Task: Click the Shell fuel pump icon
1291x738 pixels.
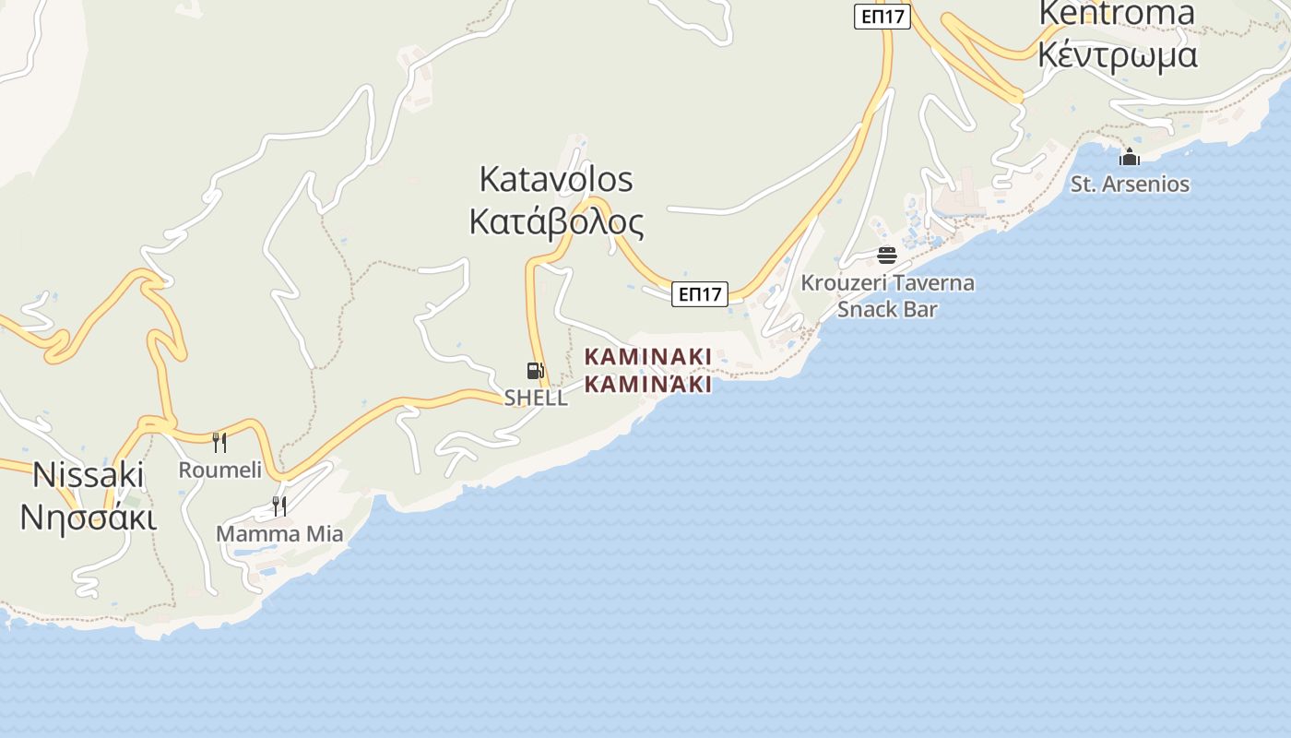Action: coord(535,372)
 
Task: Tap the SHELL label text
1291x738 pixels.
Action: coord(536,399)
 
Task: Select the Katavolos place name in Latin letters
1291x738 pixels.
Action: coord(556,179)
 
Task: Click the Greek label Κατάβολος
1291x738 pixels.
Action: coord(556,222)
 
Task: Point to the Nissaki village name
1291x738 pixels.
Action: coord(89,474)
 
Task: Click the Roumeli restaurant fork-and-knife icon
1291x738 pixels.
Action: coord(219,443)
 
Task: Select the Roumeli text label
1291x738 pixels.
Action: coord(220,470)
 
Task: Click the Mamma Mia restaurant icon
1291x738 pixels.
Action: coord(278,506)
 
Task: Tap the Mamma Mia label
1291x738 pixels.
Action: coord(279,533)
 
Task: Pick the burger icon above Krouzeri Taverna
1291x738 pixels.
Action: coord(887,255)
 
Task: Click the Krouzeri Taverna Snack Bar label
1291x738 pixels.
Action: coord(887,295)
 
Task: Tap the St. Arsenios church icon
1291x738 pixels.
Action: coord(1130,157)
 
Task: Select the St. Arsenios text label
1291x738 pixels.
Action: coord(1130,184)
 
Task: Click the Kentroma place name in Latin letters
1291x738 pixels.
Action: coord(1117,14)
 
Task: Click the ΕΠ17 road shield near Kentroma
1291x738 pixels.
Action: coord(882,17)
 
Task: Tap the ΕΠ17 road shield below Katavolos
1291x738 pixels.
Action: coord(700,294)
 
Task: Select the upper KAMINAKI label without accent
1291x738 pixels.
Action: coord(648,356)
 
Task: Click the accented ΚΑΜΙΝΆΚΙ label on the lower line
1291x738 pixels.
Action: coord(648,384)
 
